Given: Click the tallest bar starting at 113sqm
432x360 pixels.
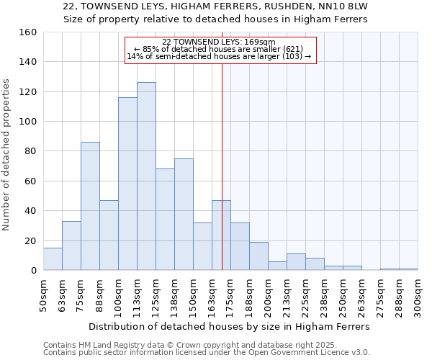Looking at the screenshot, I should [146, 176].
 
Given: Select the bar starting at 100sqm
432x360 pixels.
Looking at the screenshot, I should [127, 184].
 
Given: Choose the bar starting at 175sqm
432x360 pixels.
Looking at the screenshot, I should [240, 246].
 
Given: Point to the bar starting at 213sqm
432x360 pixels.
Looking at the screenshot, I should [296, 262].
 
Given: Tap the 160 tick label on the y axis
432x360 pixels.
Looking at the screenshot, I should [28, 32].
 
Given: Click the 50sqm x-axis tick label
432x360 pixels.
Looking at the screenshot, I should [44, 296].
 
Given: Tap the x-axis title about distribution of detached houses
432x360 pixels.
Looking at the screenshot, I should [230, 326].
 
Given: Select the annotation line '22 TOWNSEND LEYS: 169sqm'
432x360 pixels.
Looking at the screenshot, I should [219, 42].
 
